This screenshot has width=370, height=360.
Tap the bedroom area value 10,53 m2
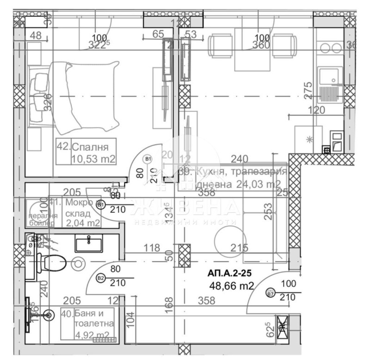pos(92,160)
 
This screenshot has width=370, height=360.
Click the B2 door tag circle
pos(100,278)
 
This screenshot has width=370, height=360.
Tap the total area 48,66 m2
pos(231,286)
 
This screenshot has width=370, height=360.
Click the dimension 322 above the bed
pos(99,45)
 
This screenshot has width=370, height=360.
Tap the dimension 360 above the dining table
pos(261,45)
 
